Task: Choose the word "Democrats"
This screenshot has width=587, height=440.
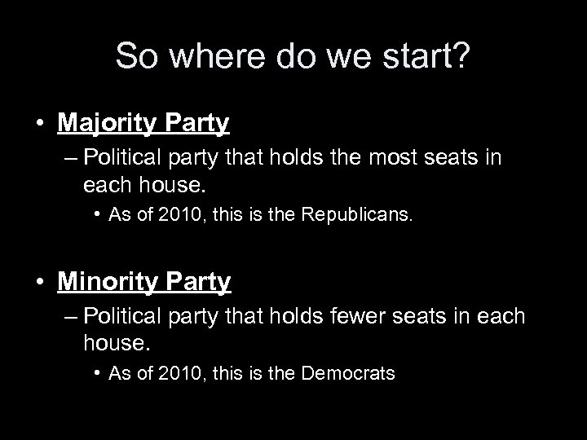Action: (x=348, y=374)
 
